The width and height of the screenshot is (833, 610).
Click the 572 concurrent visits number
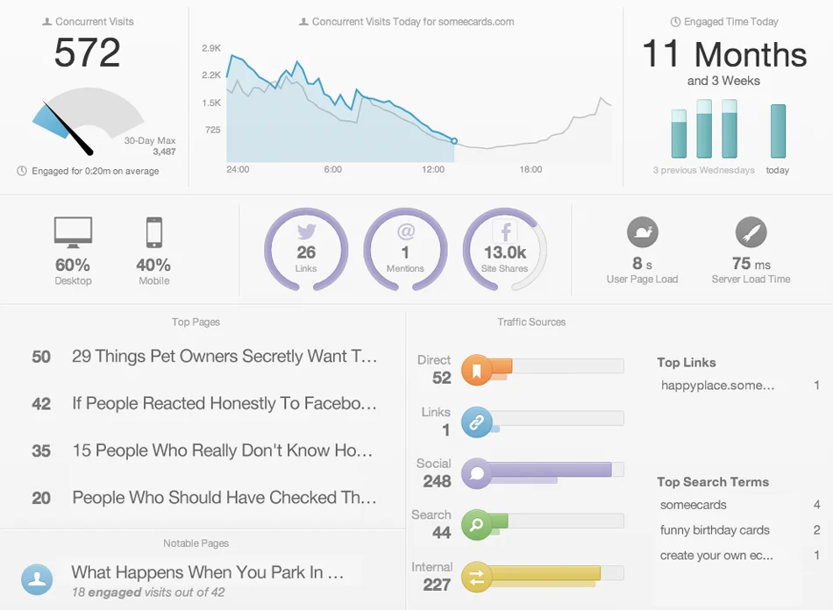click(87, 53)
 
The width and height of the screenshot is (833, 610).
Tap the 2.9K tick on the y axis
click(211, 48)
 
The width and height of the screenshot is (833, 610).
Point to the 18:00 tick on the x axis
click(530, 169)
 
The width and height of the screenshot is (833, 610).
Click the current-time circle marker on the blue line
click(454, 140)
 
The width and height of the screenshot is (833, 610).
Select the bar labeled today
click(778, 131)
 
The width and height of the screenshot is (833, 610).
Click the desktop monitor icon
click(73, 232)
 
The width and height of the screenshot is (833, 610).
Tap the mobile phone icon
click(154, 232)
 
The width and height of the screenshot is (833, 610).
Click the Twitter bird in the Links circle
click(306, 232)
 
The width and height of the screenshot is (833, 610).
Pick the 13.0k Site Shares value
click(505, 252)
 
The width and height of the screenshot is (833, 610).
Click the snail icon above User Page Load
click(643, 232)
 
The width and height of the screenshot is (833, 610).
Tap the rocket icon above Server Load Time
click(751, 232)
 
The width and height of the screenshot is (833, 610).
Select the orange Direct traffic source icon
click(477, 371)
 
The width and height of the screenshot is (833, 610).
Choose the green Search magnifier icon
click(477, 526)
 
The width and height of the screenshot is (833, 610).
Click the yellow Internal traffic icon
click(477, 577)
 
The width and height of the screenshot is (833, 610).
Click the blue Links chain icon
click(477, 422)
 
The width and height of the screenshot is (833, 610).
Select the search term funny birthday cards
click(715, 530)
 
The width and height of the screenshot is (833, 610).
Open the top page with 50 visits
click(224, 357)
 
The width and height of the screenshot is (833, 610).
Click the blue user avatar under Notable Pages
click(37, 579)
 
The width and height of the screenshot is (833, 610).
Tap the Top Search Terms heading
click(712, 482)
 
